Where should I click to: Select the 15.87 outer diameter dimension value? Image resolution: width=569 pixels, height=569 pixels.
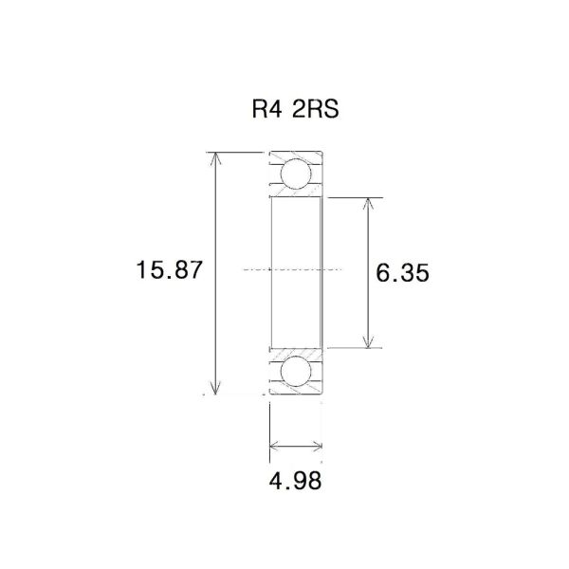pos(169,270)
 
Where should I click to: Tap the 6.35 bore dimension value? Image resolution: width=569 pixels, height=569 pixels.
pos(403,273)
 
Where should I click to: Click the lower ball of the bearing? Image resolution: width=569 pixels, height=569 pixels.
pos(297,371)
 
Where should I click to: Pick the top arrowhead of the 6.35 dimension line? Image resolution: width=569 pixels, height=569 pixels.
pos(369,202)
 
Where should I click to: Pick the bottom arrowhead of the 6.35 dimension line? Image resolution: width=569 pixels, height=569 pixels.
pos(369,343)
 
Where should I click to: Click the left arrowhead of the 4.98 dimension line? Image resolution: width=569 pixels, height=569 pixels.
pos(274,444)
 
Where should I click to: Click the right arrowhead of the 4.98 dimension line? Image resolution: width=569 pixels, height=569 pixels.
pos(319,444)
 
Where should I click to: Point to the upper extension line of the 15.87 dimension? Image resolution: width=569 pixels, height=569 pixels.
pos(237,152)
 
